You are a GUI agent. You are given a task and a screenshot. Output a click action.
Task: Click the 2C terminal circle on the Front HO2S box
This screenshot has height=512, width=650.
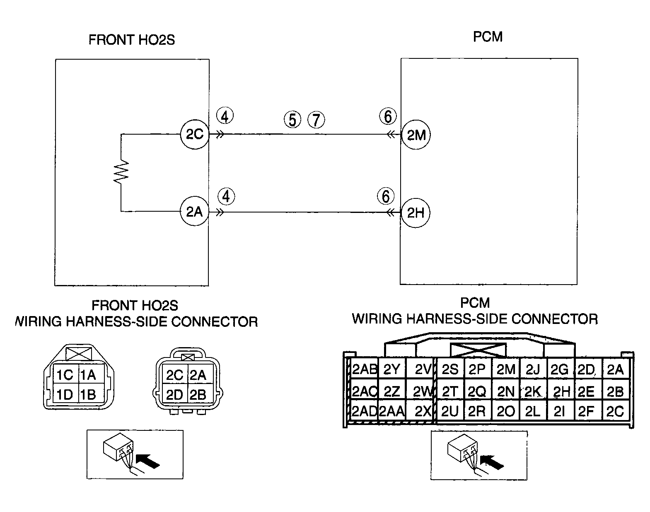pos(195,134)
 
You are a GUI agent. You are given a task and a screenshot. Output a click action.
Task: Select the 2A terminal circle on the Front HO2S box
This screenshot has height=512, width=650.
pos(195,211)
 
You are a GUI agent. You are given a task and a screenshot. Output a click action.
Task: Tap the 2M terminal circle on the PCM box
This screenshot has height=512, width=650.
pos(416,135)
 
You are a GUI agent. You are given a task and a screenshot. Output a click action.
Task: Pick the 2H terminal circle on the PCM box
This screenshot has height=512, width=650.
pos(416,213)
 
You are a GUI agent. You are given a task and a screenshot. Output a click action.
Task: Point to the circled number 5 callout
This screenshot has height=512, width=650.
pos(292,120)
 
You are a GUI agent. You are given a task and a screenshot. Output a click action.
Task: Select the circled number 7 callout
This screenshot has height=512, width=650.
pos(316,120)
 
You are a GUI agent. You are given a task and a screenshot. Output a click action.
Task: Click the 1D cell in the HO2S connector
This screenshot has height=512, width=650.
pos(65,394)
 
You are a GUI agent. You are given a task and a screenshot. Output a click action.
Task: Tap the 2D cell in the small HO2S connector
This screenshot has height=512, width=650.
pos(175,394)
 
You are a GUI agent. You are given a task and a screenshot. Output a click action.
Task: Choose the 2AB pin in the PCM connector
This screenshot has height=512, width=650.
pos(364,369)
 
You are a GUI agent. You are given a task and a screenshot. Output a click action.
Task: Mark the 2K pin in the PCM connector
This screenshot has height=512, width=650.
pos(533,391)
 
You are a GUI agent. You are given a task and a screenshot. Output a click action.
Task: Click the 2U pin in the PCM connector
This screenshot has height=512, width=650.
pos(450,411)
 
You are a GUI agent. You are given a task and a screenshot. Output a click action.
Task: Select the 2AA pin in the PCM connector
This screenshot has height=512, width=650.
pos(392,411)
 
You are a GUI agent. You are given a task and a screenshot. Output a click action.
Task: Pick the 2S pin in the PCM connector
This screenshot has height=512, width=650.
pos(450,369)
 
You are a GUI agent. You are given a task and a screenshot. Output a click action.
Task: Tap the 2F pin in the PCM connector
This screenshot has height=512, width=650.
pos(587,411)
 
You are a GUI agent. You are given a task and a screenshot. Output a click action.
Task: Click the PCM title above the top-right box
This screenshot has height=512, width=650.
pos(488,37)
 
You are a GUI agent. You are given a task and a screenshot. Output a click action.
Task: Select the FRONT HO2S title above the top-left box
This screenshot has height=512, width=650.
pos(132,40)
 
